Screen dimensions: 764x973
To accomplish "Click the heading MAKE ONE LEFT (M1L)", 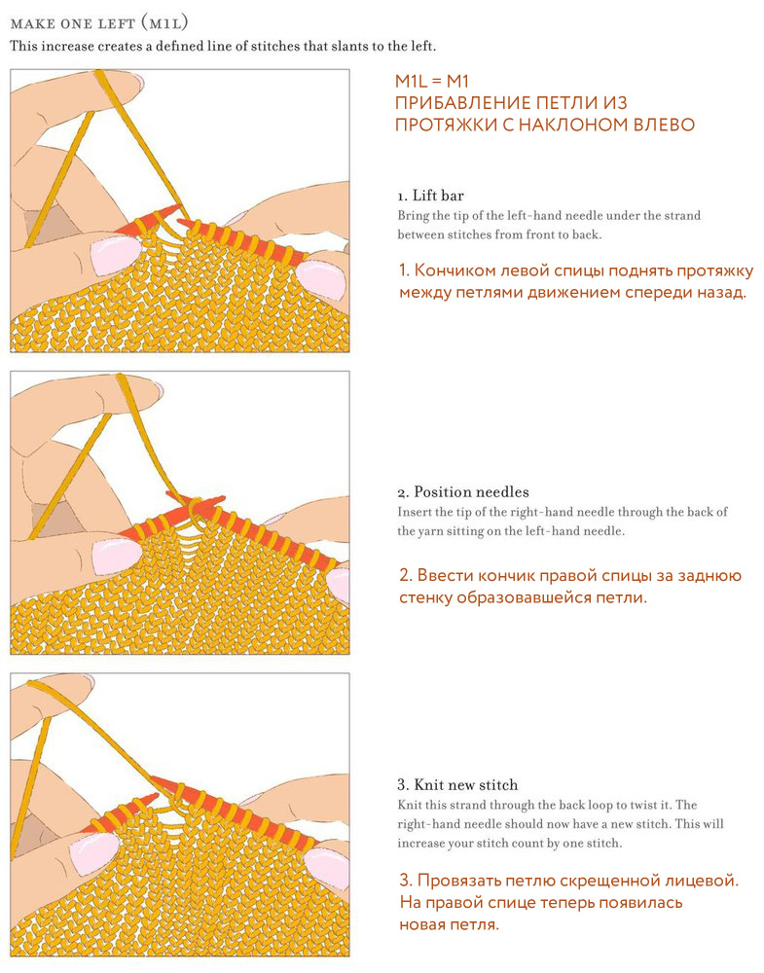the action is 99,23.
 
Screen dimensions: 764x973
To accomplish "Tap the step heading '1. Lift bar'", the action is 431,196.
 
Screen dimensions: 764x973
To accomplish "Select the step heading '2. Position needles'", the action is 463,492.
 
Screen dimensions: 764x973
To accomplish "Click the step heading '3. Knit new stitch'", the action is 457,785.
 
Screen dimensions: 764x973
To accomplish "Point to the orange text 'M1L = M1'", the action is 432,82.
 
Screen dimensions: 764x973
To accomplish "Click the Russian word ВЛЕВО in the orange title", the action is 664,125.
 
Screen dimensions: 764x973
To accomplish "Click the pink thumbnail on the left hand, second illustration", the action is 116,556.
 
